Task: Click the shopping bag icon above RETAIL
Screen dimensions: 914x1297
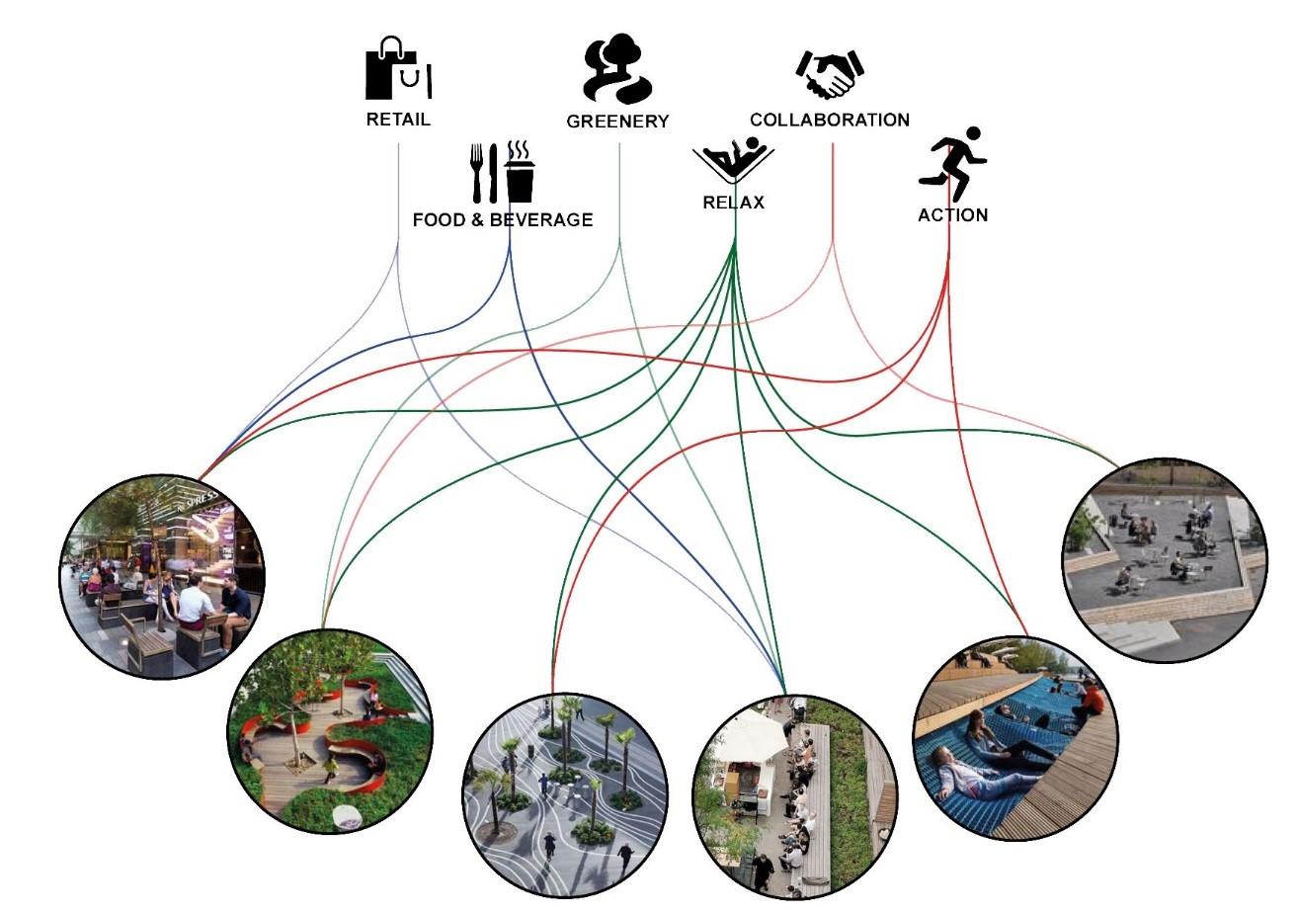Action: pyautogui.click(x=399, y=69)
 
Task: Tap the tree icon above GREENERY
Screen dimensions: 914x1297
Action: pyautogui.click(x=616, y=71)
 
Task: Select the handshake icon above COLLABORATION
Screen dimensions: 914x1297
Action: pyautogui.click(x=830, y=74)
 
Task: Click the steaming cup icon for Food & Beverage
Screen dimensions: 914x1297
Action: pyautogui.click(x=520, y=172)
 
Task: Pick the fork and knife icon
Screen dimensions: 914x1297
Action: pyautogui.click(x=483, y=173)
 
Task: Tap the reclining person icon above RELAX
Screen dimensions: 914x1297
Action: pyautogui.click(x=733, y=160)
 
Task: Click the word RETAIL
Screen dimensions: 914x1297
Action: pyautogui.click(x=398, y=121)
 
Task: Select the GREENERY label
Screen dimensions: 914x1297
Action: pyautogui.click(x=617, y=122)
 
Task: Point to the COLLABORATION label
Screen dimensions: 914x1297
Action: pyautogui.click(x=829, y=120)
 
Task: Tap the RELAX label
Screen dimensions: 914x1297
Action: pyautogui.click(x=733, y=203)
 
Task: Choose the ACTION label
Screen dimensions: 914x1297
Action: pyautogui.click(x=952, y=214)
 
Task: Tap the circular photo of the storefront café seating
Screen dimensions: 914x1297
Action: pyautogui.click(x=162, y=576)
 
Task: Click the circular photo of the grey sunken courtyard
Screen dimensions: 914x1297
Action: pyautogui.click(x=1164, y=559)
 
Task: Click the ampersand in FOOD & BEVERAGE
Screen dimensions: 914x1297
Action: pyautogui.click(x=477, y=219)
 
